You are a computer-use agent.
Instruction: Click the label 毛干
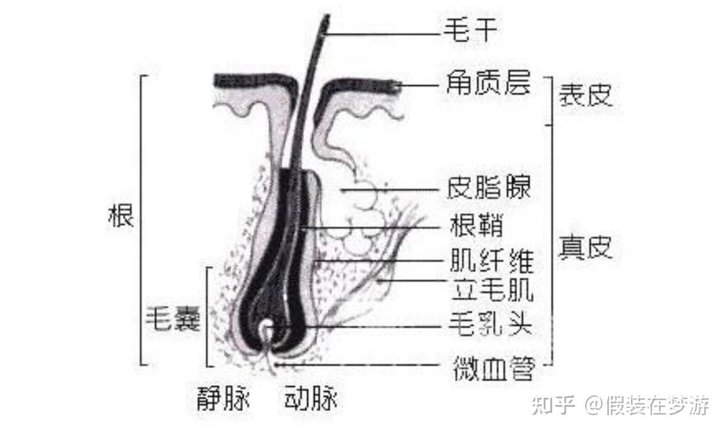tap(470, 30)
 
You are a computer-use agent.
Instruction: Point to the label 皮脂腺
tap(489, 188)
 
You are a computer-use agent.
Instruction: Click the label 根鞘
tap(476, 227)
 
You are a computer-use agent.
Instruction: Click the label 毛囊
tap(173, 317)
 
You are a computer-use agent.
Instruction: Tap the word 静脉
tap(222, 400)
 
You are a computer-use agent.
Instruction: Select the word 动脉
tap(310, 400)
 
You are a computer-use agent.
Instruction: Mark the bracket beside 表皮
tap(548, 100)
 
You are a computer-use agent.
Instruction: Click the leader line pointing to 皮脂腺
tap(391, 190)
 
